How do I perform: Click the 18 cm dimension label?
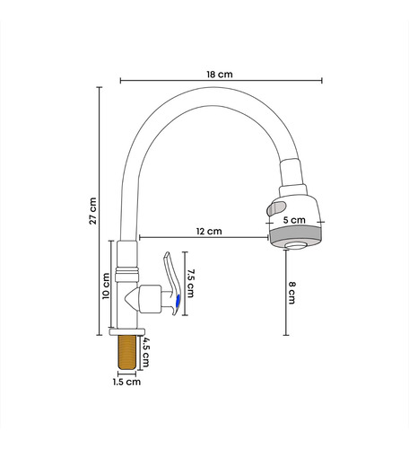(220, 75)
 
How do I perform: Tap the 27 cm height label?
(93, 211)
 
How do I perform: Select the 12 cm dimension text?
(209, 231)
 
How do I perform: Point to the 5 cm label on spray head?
(294, 220)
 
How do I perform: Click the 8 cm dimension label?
(292, 293)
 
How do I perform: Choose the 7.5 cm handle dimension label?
(190, 283)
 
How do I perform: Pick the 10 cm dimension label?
(106, 286)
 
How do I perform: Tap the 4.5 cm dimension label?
(145, 352)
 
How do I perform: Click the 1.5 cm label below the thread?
(126, 382)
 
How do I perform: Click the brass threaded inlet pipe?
(127, 353)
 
